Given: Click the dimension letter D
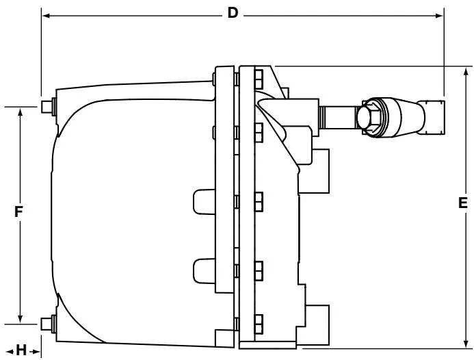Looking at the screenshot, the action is pos(233,13).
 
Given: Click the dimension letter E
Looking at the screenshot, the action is pos(463,203).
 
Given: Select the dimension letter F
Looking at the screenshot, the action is pos(18,211).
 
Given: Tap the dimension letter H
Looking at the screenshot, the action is pos(21,350).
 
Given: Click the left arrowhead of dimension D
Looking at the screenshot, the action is pos(46,16).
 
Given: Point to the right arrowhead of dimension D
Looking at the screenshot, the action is pos(440,16).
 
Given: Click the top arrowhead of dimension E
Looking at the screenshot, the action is pos(466,72).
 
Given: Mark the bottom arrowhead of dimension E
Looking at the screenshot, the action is pos(466,344).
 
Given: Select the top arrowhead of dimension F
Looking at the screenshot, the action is pos(21,112).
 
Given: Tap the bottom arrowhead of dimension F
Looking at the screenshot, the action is pos(21,318).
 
